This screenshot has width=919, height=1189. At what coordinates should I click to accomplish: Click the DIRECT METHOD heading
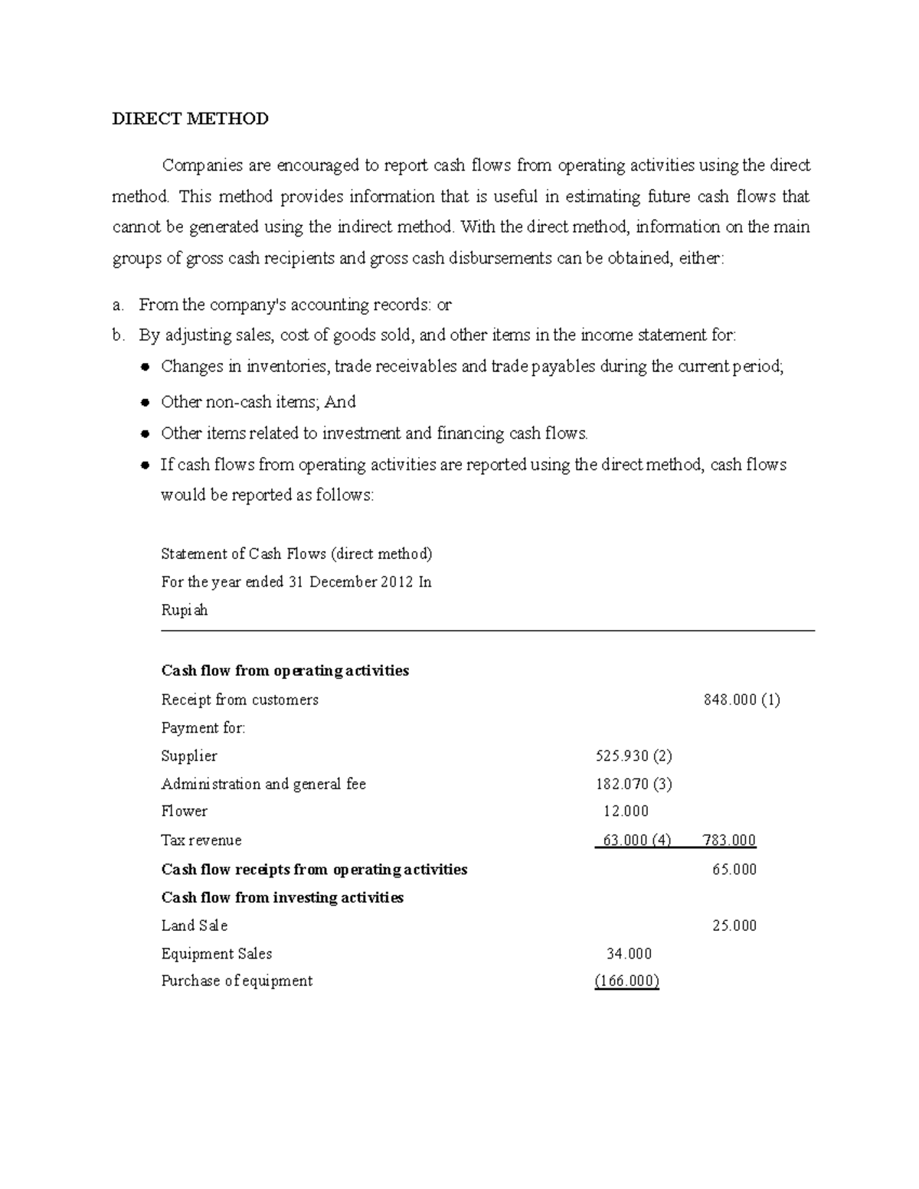[190, 119]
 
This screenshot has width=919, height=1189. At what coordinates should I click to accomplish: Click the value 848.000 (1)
[741, 700]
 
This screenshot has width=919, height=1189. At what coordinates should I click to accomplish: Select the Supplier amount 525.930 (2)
[633, 756]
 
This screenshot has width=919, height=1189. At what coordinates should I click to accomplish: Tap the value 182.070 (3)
[633, 784]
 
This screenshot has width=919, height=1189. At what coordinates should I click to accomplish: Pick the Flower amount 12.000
[626, 812]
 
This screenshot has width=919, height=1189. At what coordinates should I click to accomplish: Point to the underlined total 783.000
[729, 841]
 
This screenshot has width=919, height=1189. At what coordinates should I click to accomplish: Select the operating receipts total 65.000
[734, 870]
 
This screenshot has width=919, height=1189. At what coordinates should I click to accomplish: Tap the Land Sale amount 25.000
[734, 926]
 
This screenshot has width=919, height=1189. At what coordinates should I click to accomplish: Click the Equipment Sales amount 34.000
[629, 954]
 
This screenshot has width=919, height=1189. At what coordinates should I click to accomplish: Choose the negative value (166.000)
[626, 982]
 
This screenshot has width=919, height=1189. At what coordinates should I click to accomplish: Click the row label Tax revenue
[201, 841]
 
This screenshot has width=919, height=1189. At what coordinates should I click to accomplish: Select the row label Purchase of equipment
[237, 982]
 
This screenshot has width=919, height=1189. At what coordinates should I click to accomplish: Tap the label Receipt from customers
[240, 700]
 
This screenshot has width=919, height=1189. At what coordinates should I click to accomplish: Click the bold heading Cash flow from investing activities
[282, 897]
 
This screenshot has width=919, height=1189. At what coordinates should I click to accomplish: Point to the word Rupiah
[184, 611]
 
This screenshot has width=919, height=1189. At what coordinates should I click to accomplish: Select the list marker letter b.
[117, 335]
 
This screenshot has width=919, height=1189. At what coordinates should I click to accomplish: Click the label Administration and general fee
[263, 784]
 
